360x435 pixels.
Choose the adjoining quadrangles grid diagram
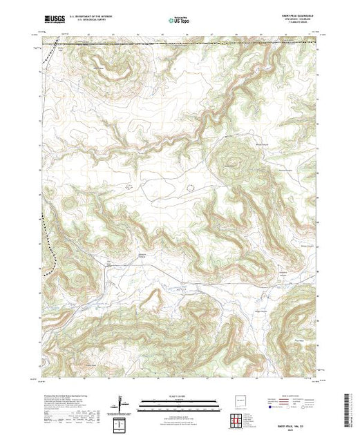[x=239, y=420]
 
